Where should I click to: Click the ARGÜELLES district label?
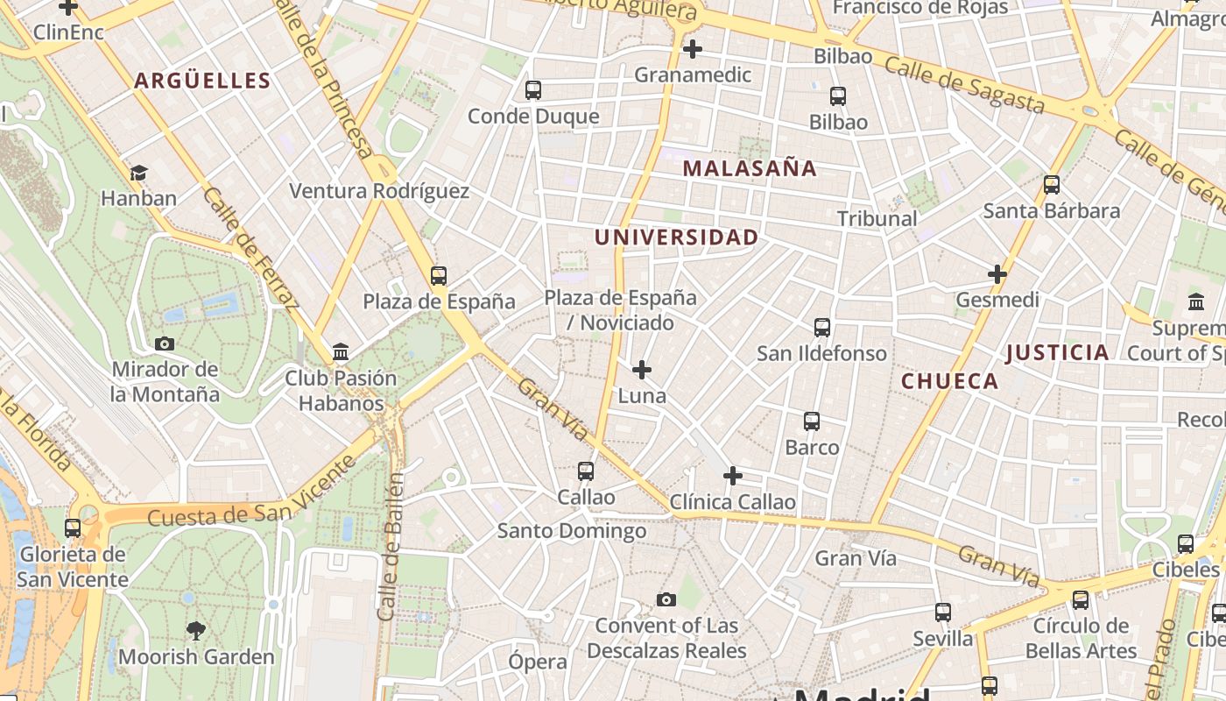pos(202,81)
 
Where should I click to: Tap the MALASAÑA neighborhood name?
pos(749,168)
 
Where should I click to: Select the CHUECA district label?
pos(949,381)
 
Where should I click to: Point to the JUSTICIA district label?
pos(1057,353)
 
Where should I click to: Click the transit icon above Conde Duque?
pos(532,90)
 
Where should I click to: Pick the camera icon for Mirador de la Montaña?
pos(164,344)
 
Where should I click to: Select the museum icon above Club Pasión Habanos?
pos(341,353)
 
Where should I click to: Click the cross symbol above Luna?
pos(642,370)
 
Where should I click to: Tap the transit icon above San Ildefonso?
pos(821,328)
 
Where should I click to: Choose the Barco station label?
pos(812,448)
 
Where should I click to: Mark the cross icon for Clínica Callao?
pos(733,477)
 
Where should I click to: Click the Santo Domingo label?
pos(572,531)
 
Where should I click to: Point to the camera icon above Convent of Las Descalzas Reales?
pos(666,600)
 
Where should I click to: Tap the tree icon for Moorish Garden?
pos(196,630)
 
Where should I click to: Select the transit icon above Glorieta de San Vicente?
pos(73,528)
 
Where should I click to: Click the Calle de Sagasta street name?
pos(964,85)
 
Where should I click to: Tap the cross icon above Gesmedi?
pos(997,274)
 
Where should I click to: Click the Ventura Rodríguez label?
pos(379,191)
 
